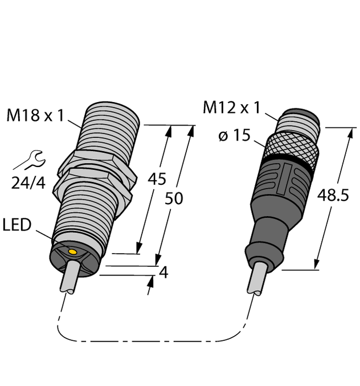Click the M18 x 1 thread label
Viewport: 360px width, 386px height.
tap(35, 116)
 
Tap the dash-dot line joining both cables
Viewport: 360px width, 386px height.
tap(154, 342)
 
